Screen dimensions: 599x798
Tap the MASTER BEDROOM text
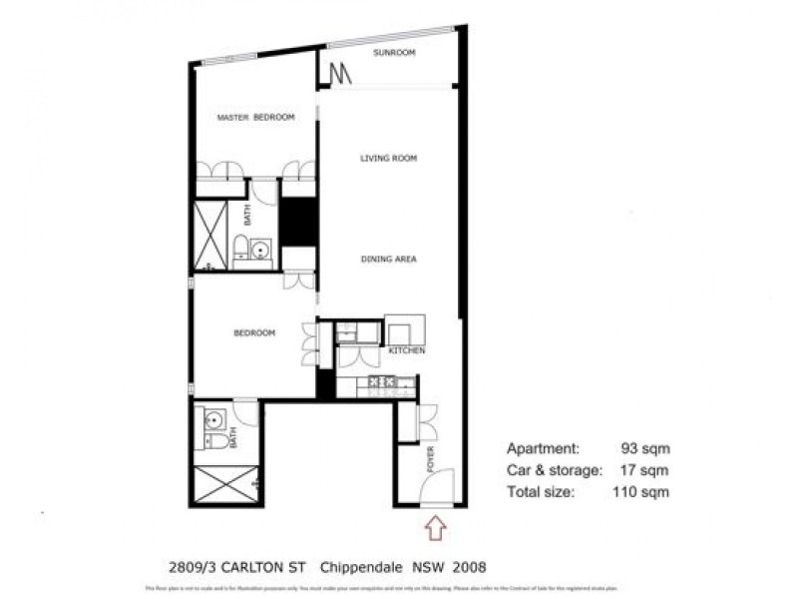point(256,118)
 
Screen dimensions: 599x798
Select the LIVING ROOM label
point(388,158)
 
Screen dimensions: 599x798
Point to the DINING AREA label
point(388,260)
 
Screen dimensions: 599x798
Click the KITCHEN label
point(407,351)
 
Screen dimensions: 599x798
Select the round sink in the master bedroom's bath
point(261,250)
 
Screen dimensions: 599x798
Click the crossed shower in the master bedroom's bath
point(210,235)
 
